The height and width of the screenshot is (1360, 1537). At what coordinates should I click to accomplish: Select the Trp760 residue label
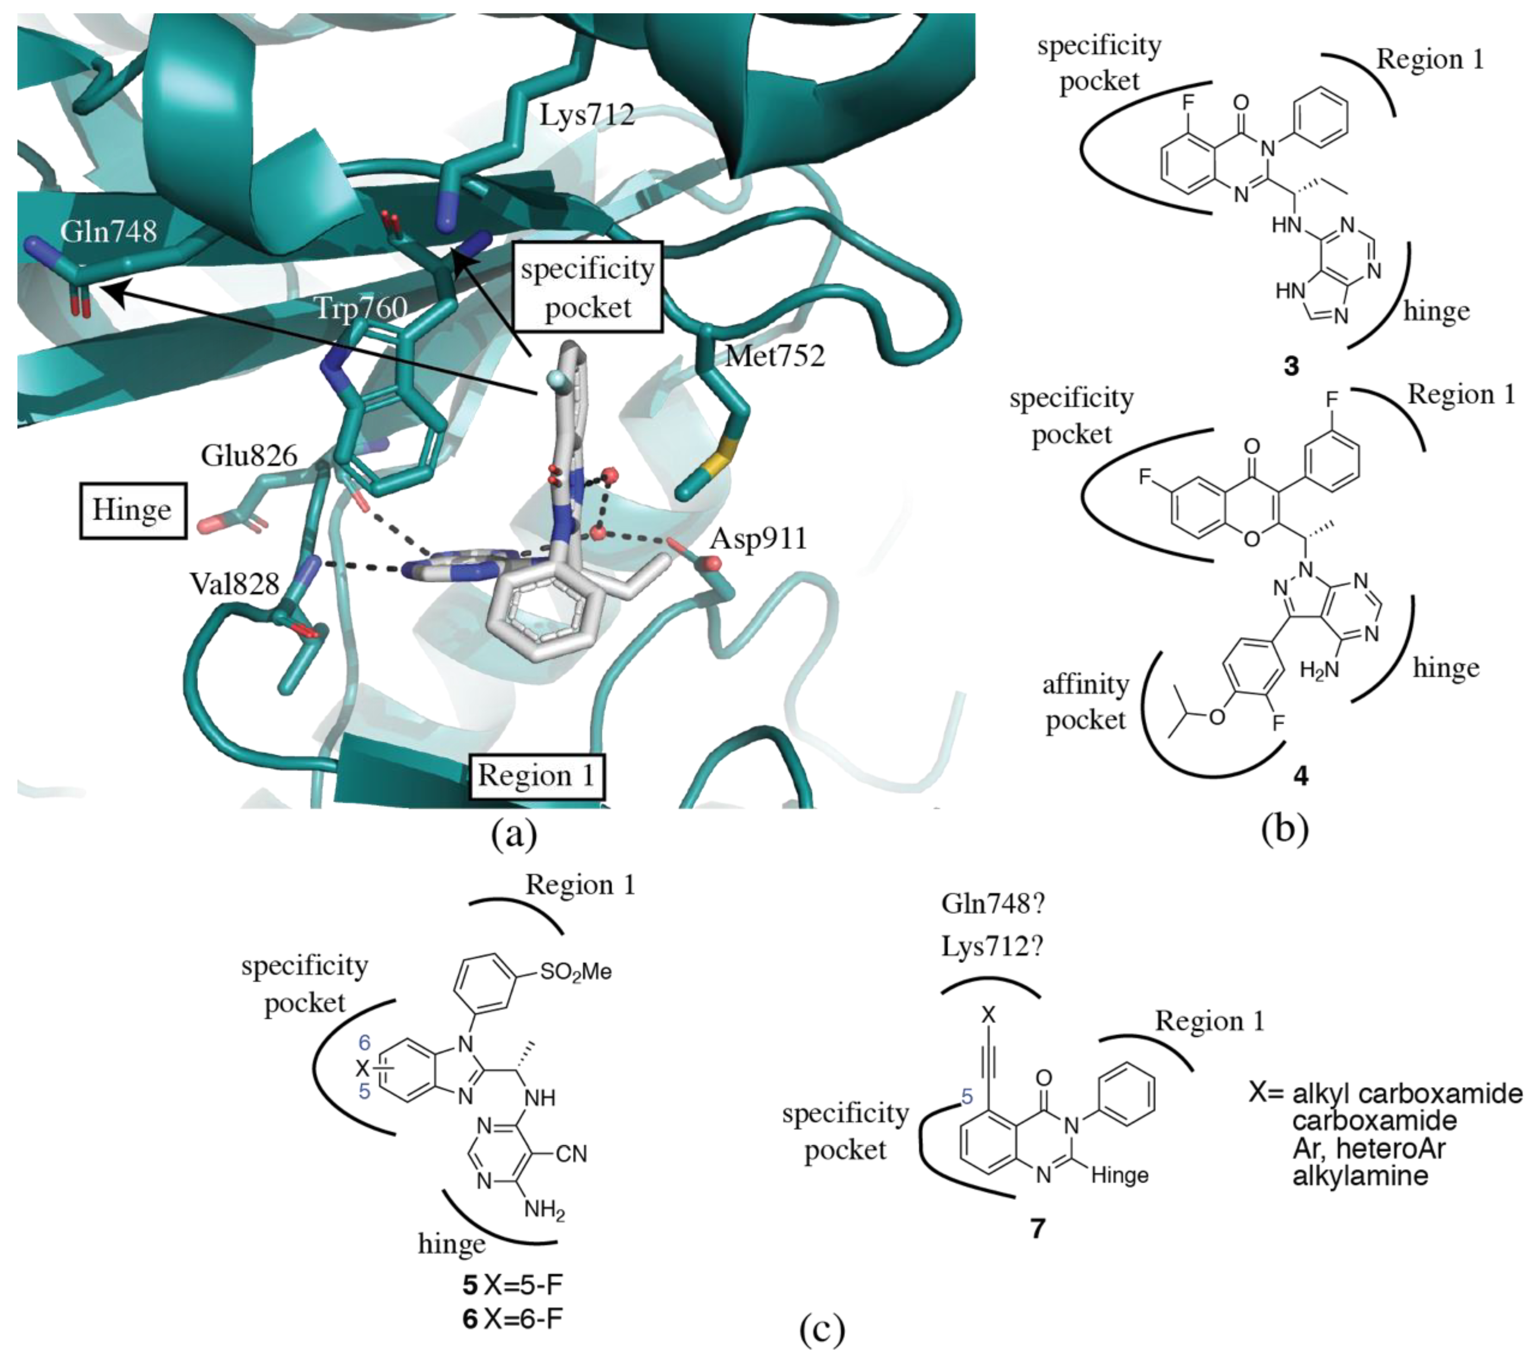tap(361, 308)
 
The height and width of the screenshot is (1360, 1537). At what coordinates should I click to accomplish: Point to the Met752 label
tap(774, 356)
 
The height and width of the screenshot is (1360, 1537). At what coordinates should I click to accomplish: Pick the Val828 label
tap(235, 584)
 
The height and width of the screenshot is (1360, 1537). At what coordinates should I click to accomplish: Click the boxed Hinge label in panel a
tap(133, 510)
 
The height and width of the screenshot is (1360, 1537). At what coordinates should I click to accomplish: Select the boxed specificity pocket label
tap(587, 287)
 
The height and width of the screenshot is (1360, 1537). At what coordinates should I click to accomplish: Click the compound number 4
tap(1300, 776)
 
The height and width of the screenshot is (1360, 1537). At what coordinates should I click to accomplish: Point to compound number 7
tap(1038, 1228)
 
